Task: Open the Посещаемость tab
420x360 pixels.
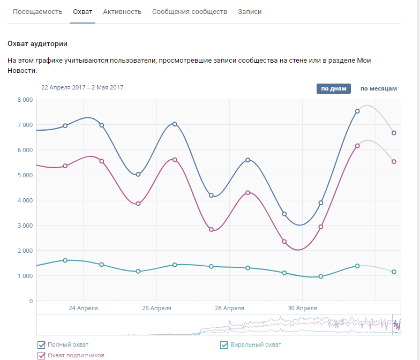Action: [37, 11]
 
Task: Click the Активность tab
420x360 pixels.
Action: [122, 11]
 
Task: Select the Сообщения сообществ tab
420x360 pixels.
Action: [190, 11]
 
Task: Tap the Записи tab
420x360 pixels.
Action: [250, 11]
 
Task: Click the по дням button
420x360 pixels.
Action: [333, 88]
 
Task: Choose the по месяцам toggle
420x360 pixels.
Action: [378, 88]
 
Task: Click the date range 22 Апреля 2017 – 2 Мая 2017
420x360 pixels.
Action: [82, 87]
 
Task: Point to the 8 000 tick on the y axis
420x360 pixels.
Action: [25, 100]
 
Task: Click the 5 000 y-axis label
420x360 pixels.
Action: [25, 175]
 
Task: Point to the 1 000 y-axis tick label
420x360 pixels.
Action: [25, 276]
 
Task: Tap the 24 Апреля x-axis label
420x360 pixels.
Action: [83, 308]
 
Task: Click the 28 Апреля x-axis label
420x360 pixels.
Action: [229, 308]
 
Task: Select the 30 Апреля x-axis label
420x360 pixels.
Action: [302, 308]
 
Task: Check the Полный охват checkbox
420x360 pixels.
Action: [41, 344]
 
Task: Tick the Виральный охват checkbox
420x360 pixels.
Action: [225, 344]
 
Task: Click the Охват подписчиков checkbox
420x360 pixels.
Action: [41, 355]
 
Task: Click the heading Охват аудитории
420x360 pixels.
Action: [37, 43]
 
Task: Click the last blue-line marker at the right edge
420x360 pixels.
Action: [394, 133]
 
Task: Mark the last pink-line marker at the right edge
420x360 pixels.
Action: [394, 161]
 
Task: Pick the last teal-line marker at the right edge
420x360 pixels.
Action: [394, 272]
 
